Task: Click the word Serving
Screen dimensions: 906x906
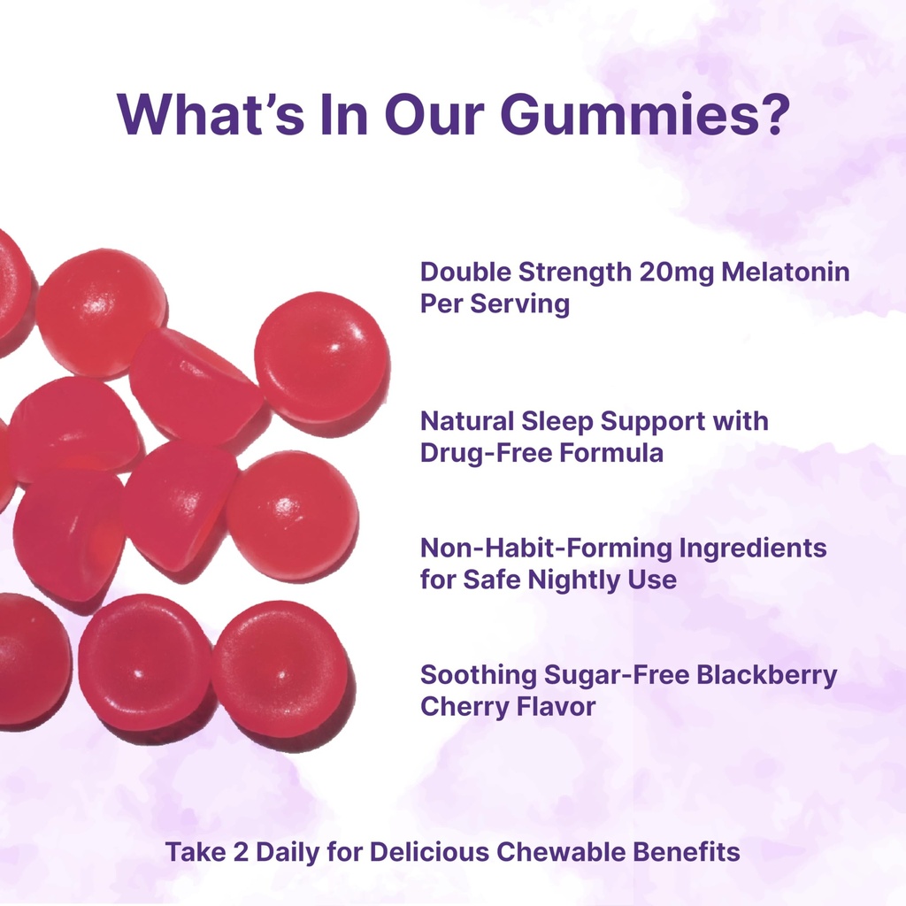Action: click(x=519, y=304)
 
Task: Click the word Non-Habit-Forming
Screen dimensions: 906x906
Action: click(x=545, y=549)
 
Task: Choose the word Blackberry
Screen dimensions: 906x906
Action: click(x=766, y=675)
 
